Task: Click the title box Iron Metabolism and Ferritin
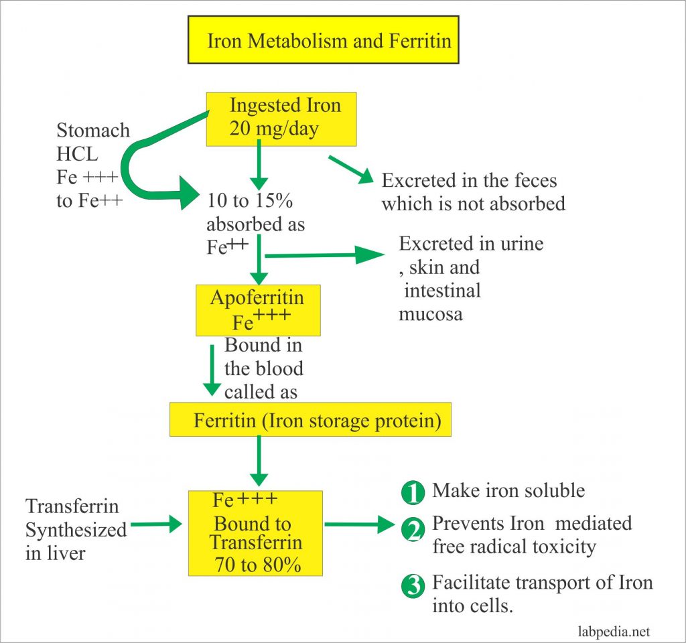tap(323, 40)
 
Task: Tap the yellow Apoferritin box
tap(257, 310)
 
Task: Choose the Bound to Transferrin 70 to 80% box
tap(255, 532)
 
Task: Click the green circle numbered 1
tap(413, 494)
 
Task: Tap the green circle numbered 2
tap(413, 531)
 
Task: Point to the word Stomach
tap(93, 130)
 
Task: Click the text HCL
tap(77, 155)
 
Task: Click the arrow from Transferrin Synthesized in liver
tap(157, 524)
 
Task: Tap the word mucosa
tap(430, 313)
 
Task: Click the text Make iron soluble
tap(508, 491)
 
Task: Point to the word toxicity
tap(555, 547)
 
